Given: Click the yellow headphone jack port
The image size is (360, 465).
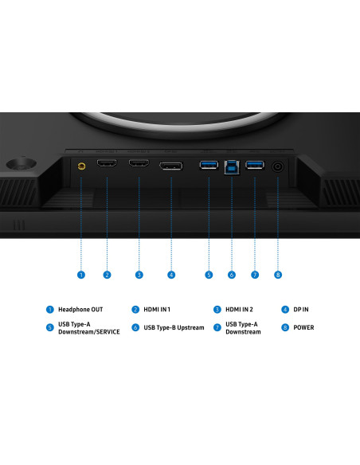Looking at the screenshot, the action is coord(81,166).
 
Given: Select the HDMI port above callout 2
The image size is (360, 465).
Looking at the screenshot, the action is coord(107,162).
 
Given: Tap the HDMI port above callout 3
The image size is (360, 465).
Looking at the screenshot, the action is coord(139,162).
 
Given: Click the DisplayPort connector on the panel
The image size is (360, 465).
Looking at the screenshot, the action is coord(171,166).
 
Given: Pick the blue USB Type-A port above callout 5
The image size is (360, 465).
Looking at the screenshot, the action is coord(209,165).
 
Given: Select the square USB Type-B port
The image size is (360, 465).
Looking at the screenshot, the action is coord(232,167).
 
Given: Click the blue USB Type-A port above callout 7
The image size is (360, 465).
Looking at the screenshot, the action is coord(255,165).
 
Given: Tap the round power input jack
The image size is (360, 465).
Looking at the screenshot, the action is coord(277,166).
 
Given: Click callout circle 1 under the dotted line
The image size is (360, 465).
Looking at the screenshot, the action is coord(81,275).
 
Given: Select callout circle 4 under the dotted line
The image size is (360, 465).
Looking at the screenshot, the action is coord(171,275).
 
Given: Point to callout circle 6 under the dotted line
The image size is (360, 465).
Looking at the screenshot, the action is coord(232,275).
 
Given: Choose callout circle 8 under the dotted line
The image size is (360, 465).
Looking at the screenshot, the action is coord(278,275).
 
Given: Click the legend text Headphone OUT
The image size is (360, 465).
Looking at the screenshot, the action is coord(80,310).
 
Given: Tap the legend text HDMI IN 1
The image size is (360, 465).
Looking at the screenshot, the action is coord(157,310).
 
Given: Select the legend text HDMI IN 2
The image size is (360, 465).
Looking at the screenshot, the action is coord(239,310).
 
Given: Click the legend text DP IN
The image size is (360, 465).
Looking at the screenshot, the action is coord(301,310).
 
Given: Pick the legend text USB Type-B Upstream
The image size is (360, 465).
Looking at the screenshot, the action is coord(174,328).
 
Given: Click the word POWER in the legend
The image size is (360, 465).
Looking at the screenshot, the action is coord(303,328).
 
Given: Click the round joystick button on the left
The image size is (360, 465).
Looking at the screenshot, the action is coord(22,164).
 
